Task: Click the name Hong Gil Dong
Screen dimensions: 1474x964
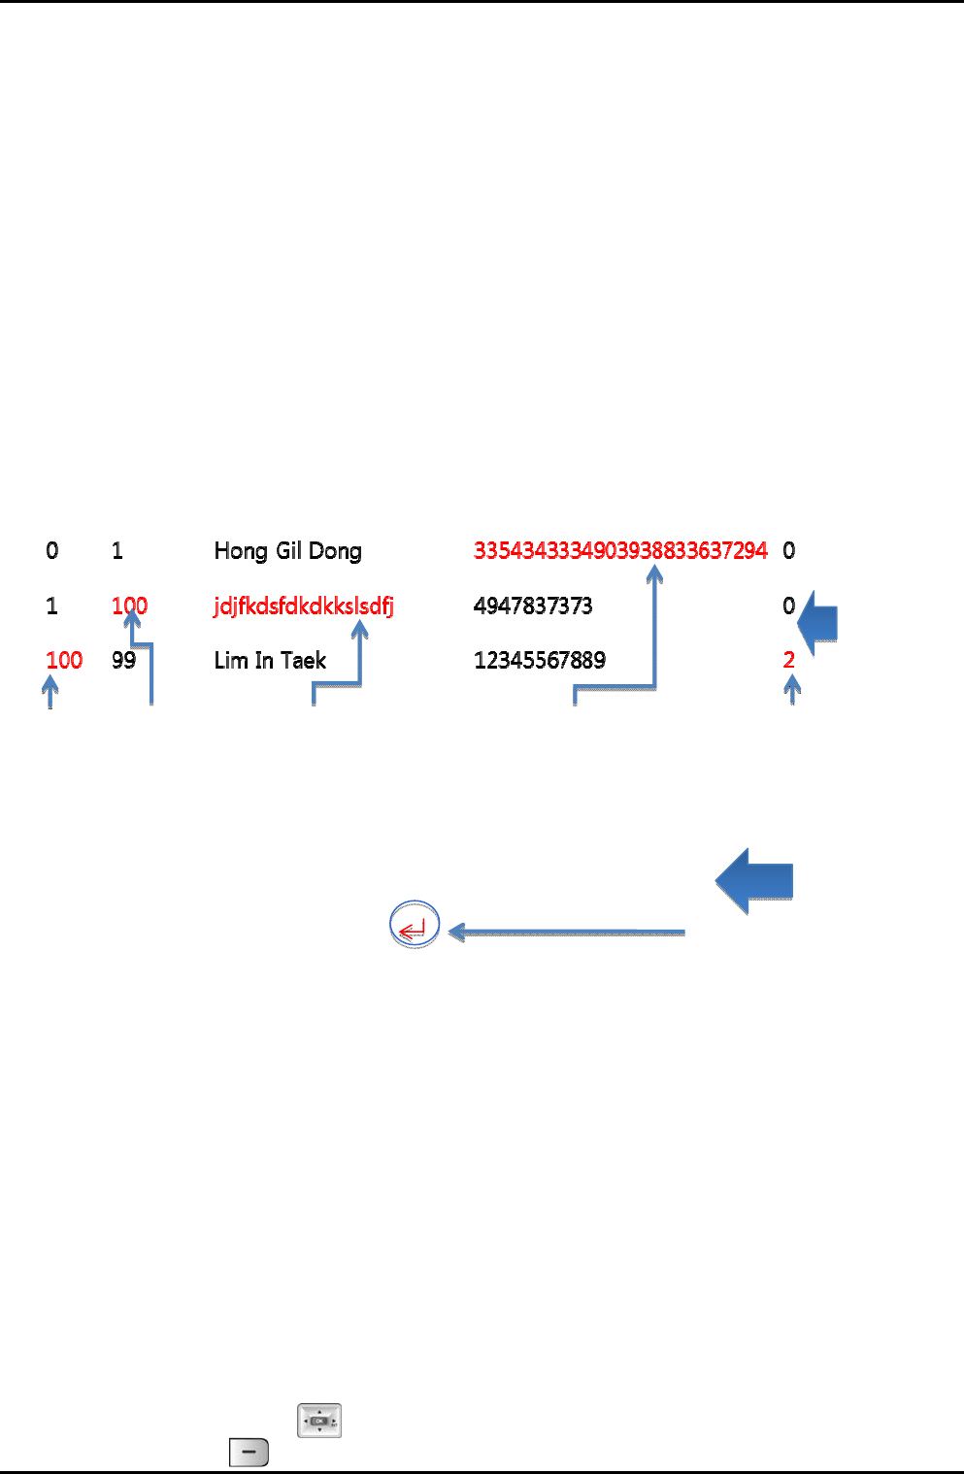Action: coord(287,551)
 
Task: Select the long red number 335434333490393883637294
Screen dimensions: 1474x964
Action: coord(620,551)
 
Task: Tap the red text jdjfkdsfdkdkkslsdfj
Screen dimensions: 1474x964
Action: coord(304,606)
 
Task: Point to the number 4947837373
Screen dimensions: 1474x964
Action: coord(533,606)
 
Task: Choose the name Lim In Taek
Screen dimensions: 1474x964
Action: coord(270,661)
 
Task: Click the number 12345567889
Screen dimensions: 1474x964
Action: coord(540,661)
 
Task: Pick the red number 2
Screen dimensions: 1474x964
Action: coord(789,661)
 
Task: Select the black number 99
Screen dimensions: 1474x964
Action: coord(123,661)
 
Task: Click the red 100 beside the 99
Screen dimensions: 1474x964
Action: coord(64,661)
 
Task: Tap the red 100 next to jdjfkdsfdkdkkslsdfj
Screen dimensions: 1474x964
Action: coord(129,606)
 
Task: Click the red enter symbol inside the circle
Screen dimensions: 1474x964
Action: coord(414,927)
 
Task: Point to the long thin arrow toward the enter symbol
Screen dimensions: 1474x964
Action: coord(568,933)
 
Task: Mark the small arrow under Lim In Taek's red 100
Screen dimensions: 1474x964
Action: coord(50,692)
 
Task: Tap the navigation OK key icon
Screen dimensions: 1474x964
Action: coord(319,1421)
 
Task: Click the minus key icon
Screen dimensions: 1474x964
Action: coord(249,1453)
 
